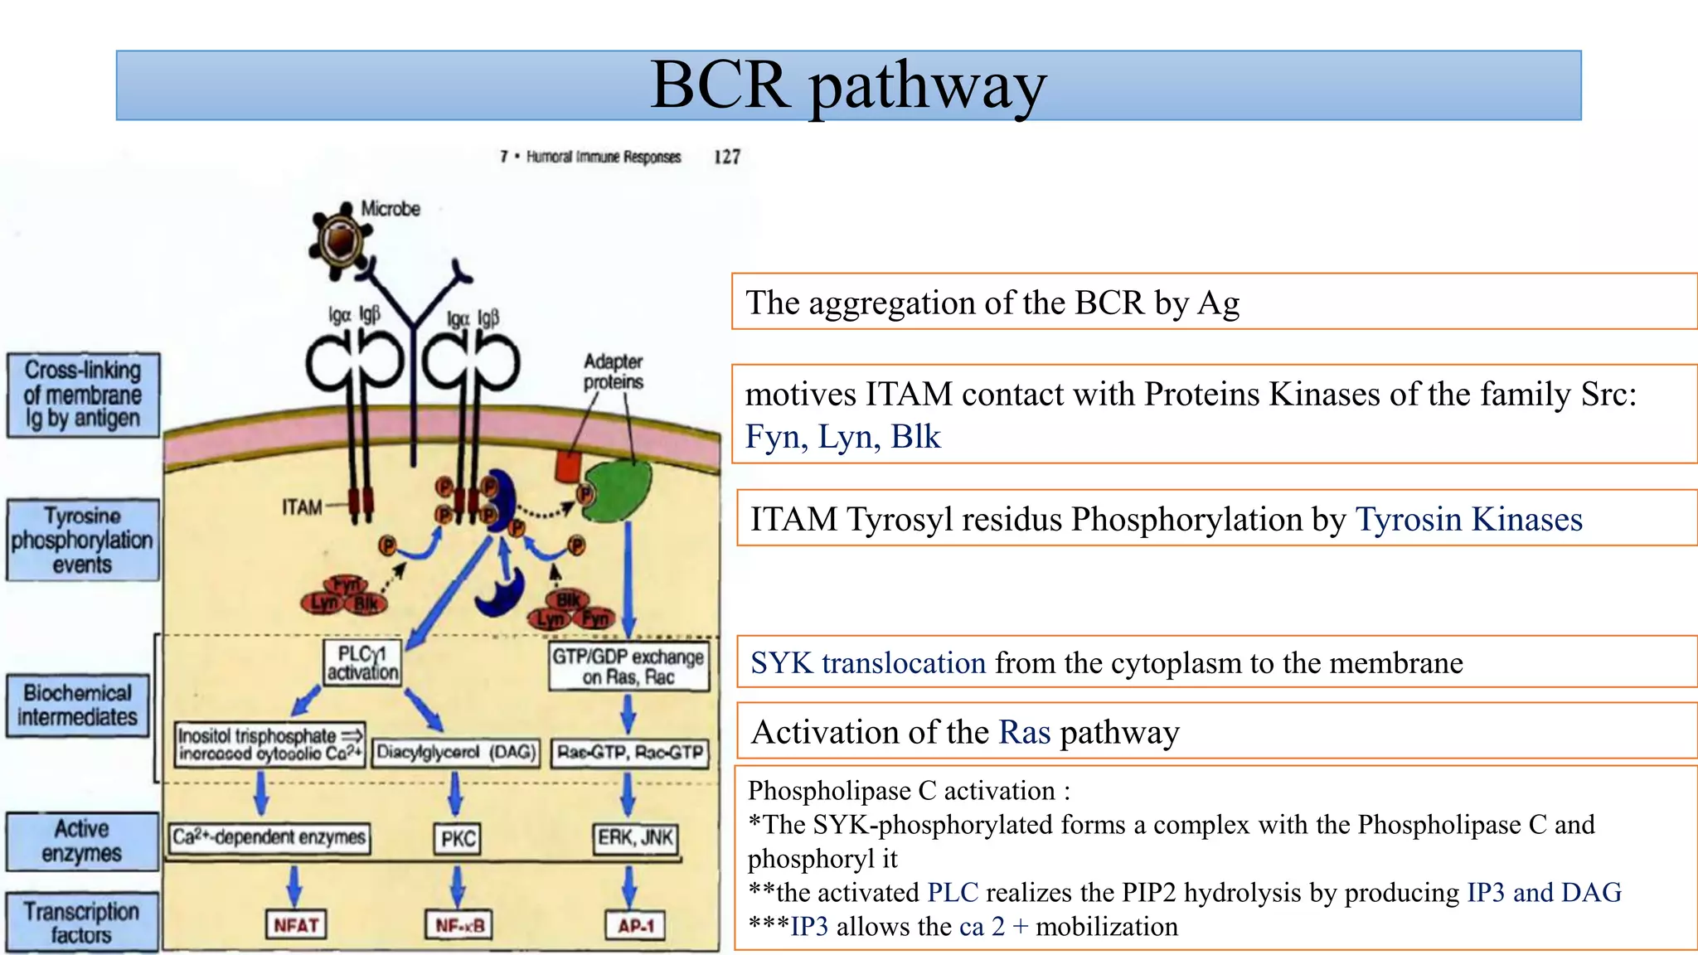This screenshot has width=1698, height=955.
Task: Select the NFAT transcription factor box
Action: [296, 924]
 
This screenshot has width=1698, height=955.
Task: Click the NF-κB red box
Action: [458, 924]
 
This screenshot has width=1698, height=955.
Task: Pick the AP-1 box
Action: [635, 924]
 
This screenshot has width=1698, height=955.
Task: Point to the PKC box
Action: [458, 838]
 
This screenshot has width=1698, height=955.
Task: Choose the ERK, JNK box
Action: [635, 837]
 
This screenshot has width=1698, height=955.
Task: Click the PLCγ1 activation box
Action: [362, 663]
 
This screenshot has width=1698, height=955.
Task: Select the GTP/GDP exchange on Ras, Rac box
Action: [628, 667]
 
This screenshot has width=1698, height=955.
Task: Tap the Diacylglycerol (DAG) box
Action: [455, 752]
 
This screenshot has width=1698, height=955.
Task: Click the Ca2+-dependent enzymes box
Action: [269, 837]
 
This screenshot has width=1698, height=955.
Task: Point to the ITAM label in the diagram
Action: [302, 507]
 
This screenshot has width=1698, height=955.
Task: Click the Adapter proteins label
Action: [613, 371]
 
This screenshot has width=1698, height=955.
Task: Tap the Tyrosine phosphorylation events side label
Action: [82, 540]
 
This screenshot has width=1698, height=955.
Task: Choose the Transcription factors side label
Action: [81, 922]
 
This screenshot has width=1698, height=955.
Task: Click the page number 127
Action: [727, 157]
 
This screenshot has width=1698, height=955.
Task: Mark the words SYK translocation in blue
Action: [868, 663]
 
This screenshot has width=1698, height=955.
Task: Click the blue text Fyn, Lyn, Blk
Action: [842, 437]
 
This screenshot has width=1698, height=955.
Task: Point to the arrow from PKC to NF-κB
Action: [457, 885]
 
